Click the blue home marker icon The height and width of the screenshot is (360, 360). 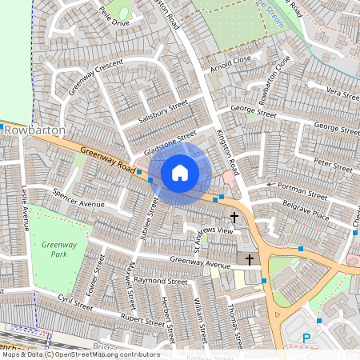180,173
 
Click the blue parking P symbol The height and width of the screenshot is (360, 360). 306,340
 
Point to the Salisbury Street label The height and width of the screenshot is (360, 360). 162,110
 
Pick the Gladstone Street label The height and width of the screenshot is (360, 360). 170,142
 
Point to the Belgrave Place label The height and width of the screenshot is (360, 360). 307,214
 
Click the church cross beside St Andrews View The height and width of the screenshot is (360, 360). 235,218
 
